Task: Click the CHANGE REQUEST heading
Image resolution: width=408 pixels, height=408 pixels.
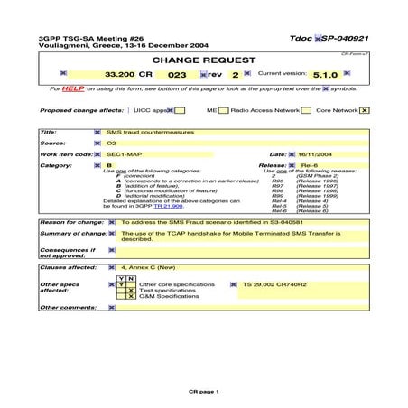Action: (203, 60)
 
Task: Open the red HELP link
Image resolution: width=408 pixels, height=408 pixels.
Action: (74, 89)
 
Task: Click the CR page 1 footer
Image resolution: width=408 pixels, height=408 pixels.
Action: (203, 393)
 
